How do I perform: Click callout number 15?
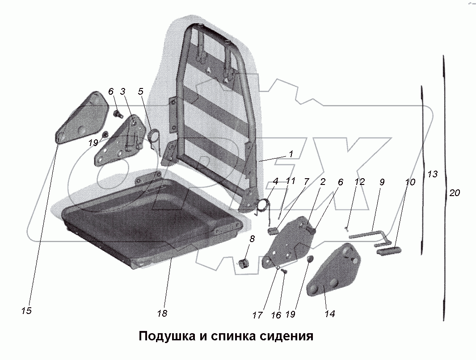click(26, 310)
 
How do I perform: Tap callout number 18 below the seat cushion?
click(162, 314)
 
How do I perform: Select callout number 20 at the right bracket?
click(455, 193)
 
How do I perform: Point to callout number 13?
click(432, 174)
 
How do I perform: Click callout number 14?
click(329, 314)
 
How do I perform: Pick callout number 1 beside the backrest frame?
click(291, 154)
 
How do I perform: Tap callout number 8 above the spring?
click(252, 239)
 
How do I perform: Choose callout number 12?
click(359, 182)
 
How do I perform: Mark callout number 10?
click(410, 182)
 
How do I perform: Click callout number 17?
click(257, 315)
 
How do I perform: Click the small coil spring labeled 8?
click(244, 264)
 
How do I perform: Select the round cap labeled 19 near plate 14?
click(310, 260)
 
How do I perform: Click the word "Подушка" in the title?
click(165, 336)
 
